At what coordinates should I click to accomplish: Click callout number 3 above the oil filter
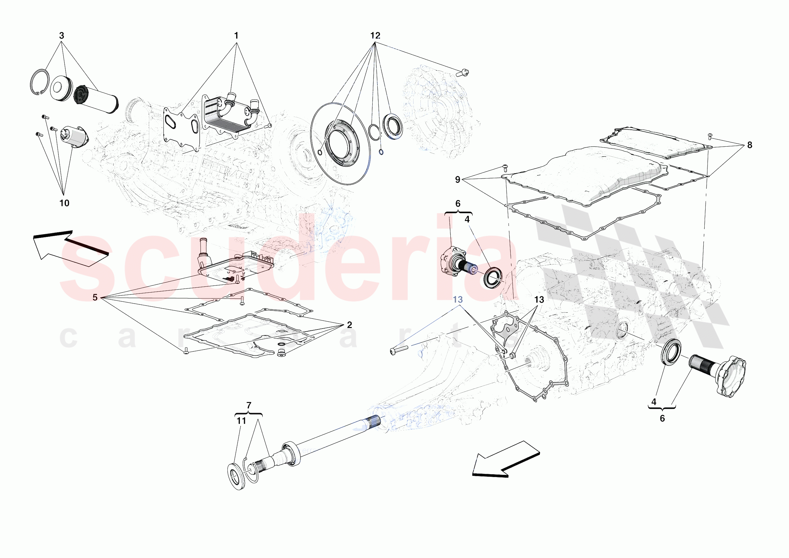click(62, 35)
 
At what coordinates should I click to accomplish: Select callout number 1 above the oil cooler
click(236, 35)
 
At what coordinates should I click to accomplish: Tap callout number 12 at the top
click(375, 35)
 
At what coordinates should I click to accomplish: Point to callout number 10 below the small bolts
click(64, 203)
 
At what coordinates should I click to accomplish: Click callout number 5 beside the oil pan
click(95, 297)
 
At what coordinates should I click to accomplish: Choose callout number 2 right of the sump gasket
click(350, 325)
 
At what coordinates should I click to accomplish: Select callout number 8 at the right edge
click(749, 145)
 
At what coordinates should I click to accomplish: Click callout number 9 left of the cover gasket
click(457, 179)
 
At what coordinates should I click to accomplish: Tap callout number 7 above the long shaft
click(249, 405)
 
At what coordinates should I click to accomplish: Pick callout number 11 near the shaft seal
click(241, 420)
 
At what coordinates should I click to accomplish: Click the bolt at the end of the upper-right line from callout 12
click(463, 73)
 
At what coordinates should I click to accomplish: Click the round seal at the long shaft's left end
click(237, 476)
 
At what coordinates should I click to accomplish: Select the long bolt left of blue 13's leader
click(399, 350)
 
